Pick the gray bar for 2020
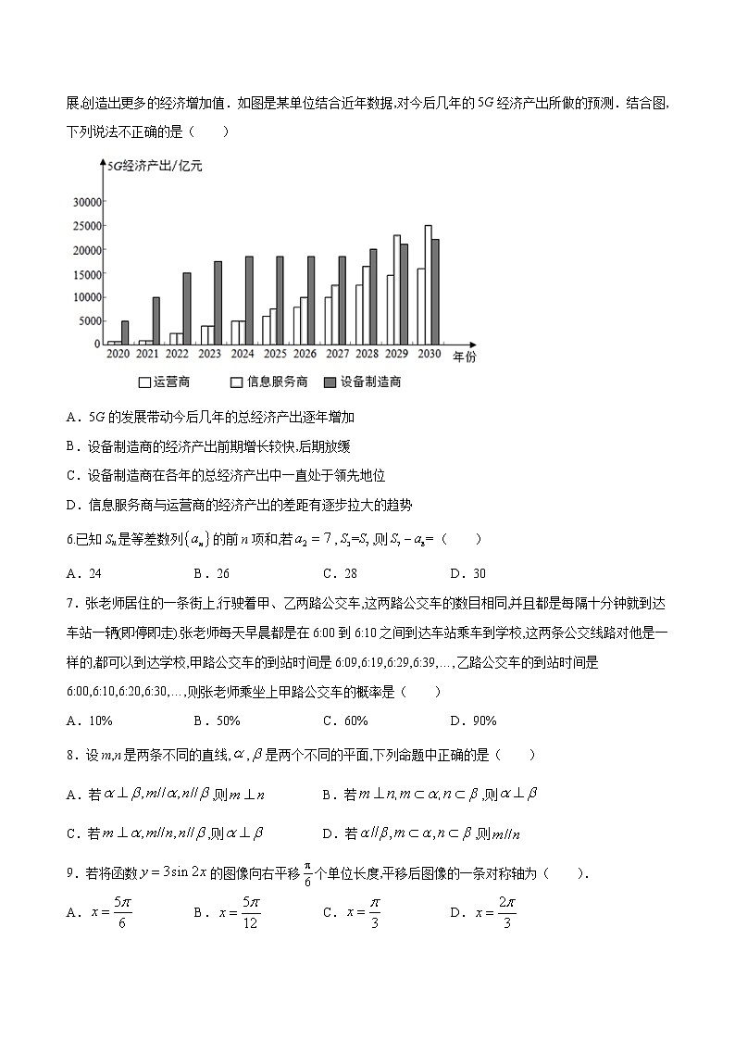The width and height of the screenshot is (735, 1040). [125, 332]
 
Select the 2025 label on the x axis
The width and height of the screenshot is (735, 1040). [273, 355]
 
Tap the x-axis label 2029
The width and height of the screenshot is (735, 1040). [396, 355]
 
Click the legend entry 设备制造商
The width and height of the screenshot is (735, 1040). [363, 382]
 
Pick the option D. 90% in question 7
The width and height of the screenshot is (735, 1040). [473, 720]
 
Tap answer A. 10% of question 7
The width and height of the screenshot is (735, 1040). [90, 720]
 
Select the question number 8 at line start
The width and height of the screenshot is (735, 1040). [71, 755]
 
